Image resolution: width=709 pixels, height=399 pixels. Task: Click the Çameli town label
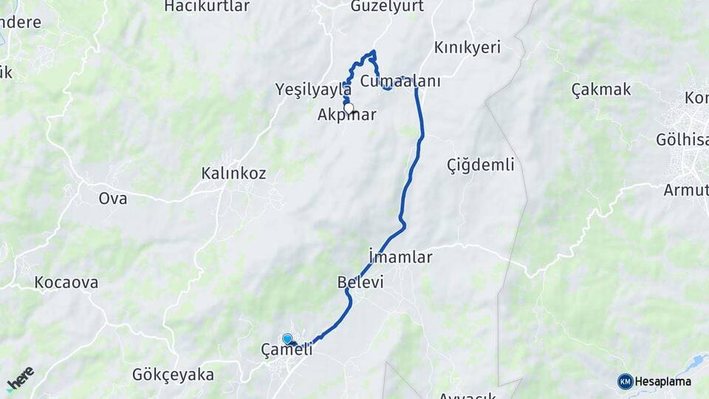(x=287, y=349)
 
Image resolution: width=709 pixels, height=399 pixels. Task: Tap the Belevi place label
(x=360, y=282)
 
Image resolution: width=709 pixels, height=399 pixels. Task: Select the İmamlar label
(x=400, y=257)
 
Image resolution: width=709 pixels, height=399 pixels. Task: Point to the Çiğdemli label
(x=481, y=165)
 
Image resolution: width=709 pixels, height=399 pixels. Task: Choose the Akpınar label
(x=347, y=115)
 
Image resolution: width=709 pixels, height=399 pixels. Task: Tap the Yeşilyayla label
(x=313, y=89)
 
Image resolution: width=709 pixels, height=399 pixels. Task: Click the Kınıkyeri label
(x=467, y=47)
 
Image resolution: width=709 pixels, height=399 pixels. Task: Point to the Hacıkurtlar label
(x=207, y=6)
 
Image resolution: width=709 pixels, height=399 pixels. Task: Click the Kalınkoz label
(x=233, y=174)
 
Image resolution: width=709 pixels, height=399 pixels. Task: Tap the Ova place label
(x=113, y=198)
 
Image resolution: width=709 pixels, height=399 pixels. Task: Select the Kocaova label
(x=66, y=282)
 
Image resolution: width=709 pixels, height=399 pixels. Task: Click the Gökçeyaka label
(x=173, y=375)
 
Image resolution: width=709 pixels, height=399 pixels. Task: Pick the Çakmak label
(x=601, y=89)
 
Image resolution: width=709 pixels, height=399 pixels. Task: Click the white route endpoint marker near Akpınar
(x=349, y=108)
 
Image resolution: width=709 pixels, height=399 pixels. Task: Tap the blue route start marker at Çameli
(x=287, y=338)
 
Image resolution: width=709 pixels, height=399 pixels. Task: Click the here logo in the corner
(x=20, y=379)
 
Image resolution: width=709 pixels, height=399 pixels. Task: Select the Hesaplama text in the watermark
(x=663, y=382)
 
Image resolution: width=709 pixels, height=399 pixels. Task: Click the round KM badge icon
(x=626, y=382)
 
